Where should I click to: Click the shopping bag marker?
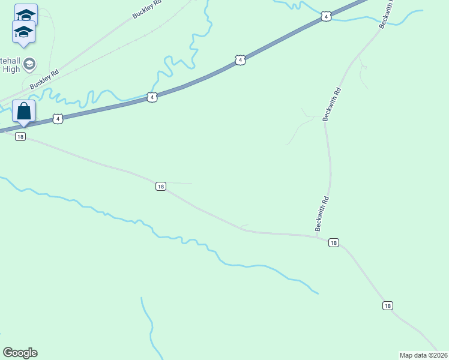23,112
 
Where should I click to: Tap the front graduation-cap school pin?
23,32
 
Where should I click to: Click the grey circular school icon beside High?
29,63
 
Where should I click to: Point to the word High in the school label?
12,70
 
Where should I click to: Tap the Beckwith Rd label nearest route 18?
322,214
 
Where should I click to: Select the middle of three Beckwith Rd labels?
332,104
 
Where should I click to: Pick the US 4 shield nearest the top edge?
325,16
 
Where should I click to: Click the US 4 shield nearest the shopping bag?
58,119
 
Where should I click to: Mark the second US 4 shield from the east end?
240,60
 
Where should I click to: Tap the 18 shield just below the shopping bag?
20,137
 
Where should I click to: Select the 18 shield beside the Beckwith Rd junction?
334,243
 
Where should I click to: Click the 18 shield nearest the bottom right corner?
387,306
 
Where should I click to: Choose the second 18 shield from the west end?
160,187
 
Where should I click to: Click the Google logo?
20,353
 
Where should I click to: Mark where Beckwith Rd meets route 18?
317,236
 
